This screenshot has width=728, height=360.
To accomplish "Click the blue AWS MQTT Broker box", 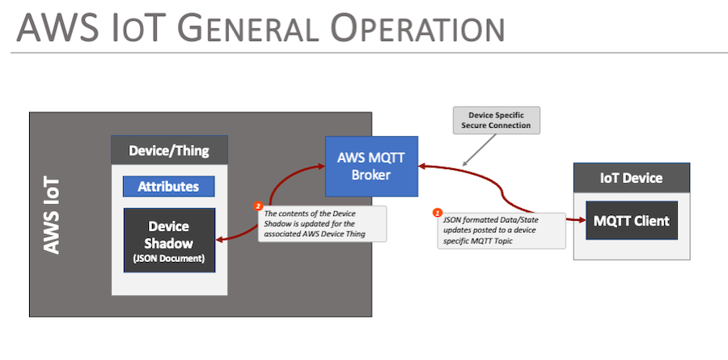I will pos(371,166).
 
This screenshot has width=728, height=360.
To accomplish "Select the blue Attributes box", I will pos(168,186).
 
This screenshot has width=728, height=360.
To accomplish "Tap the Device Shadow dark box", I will pos(169,239).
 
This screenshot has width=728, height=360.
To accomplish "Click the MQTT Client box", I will pos(633,220).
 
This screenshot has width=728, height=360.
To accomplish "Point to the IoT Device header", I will pos(632,178).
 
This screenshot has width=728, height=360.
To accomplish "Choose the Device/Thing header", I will pos(169,150).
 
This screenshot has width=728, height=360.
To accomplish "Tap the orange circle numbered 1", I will pos(438,213).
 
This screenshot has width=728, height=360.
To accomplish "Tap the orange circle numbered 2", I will pos(258,206).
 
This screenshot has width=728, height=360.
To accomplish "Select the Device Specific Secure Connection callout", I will pos(496,120).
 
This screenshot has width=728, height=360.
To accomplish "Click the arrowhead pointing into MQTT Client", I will pos(581,219).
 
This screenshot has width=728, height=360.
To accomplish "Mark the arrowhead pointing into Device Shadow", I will pos(221,239).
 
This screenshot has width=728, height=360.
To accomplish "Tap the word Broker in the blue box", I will pos(371,176).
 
